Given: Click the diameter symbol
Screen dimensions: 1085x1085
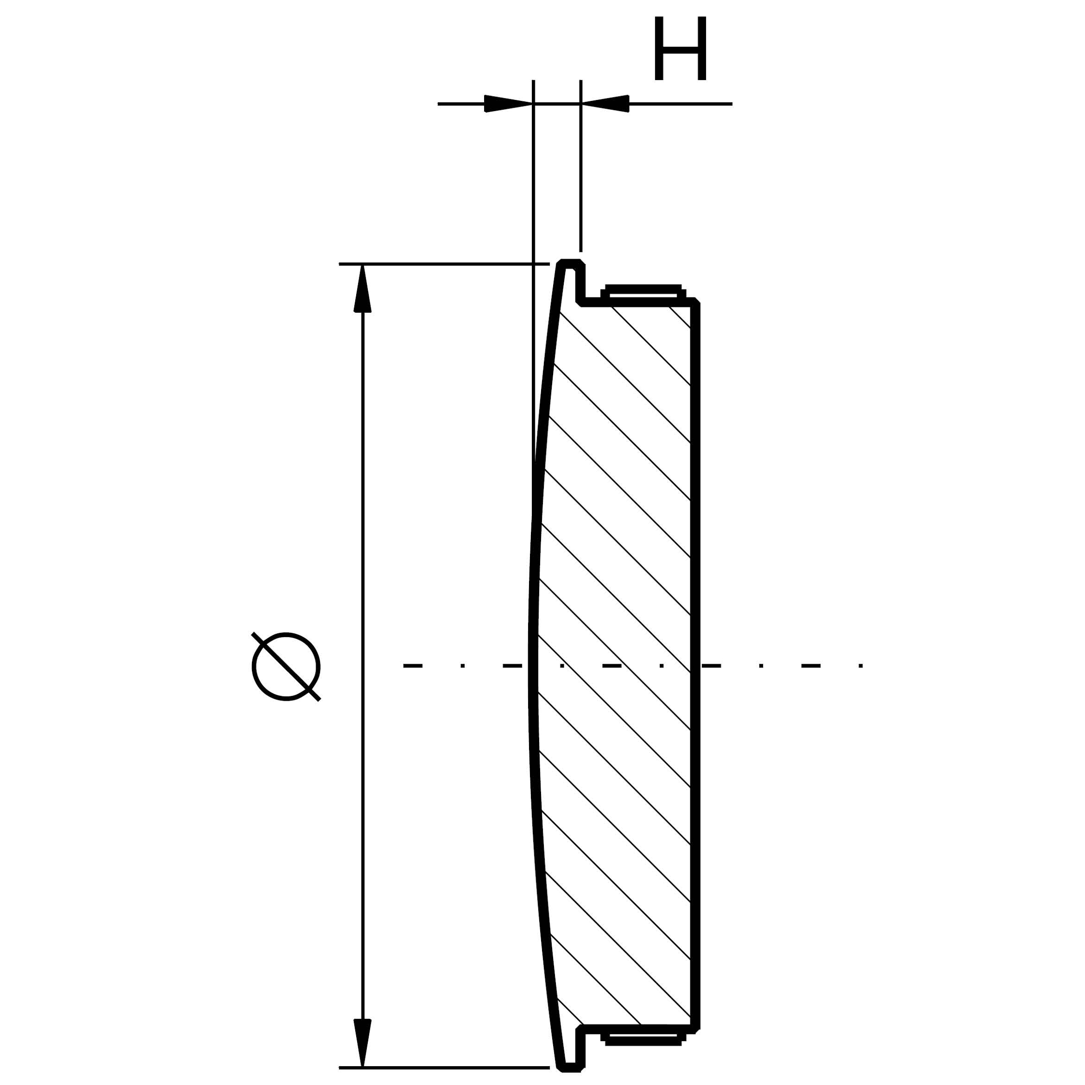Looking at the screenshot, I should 286,667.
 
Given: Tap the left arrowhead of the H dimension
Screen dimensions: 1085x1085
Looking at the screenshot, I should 508,103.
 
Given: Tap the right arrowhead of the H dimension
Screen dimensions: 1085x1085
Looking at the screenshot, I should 605,103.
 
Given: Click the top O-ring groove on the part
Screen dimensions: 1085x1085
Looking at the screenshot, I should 643,292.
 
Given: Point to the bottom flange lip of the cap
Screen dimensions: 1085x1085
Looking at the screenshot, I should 572,1067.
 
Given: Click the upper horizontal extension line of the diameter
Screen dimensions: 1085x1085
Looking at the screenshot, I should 444,264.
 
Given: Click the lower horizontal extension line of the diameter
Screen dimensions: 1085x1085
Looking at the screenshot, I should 444,1067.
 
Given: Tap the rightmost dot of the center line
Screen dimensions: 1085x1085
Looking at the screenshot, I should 861,666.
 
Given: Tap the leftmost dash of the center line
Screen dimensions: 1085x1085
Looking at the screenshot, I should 413,666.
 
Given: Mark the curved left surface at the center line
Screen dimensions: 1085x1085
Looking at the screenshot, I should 532,666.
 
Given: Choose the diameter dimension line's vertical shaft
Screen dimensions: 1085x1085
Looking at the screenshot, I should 363,562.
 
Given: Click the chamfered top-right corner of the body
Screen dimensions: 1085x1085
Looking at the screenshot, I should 697,302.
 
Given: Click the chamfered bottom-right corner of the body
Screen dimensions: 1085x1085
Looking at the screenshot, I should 697,1030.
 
